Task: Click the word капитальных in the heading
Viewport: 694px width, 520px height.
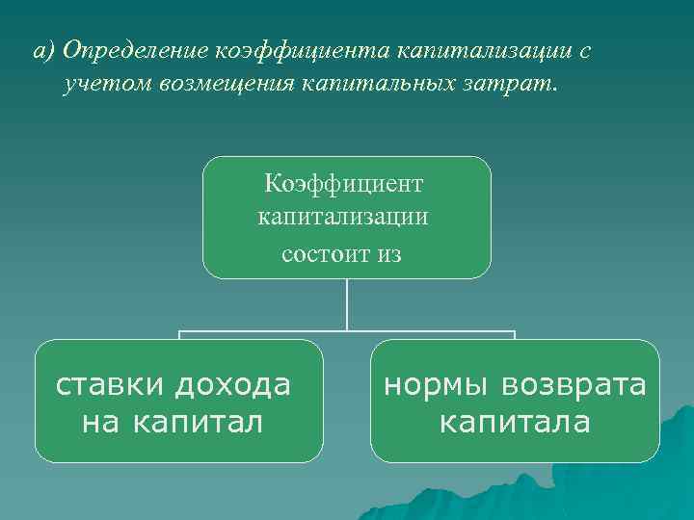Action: tap(378, 86)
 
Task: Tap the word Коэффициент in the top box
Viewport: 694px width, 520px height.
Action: tap(345, 183)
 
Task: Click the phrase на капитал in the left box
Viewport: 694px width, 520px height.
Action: tap(173, 422)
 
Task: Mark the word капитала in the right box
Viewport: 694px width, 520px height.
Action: tap(514, 422)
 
